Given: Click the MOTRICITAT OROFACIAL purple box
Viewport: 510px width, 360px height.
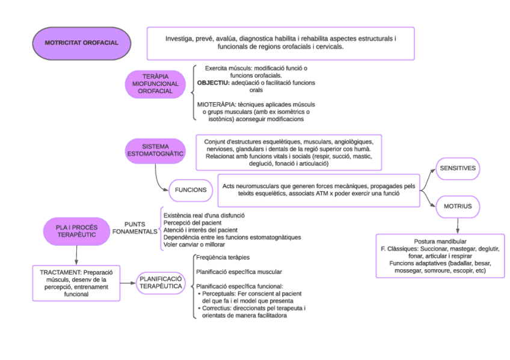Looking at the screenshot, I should coord(81,43).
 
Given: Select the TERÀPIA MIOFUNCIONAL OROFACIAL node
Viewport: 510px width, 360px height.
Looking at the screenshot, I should coord(155,84).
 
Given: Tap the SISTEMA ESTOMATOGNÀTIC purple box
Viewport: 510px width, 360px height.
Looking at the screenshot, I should coord(155,151).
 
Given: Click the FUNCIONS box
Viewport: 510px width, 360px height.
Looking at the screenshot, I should coord(191,190).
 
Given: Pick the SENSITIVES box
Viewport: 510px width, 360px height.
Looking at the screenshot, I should coord(458,169).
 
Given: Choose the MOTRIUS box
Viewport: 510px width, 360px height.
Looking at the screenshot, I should coord(458,206).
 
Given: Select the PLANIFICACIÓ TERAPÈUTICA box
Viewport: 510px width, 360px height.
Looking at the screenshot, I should coord(161,282).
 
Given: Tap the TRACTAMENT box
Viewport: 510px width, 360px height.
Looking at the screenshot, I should coord(76,282).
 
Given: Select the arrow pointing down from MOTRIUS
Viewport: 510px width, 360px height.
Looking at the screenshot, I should coord(458,225).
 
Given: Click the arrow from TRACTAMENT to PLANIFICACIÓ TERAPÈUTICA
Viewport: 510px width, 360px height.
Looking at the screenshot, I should coord(128,282).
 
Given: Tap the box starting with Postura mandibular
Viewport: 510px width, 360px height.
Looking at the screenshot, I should coord(440,256).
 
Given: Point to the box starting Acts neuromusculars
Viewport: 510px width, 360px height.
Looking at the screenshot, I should coord(318,190).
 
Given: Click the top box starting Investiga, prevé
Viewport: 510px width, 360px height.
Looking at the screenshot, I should coord(280,43).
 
